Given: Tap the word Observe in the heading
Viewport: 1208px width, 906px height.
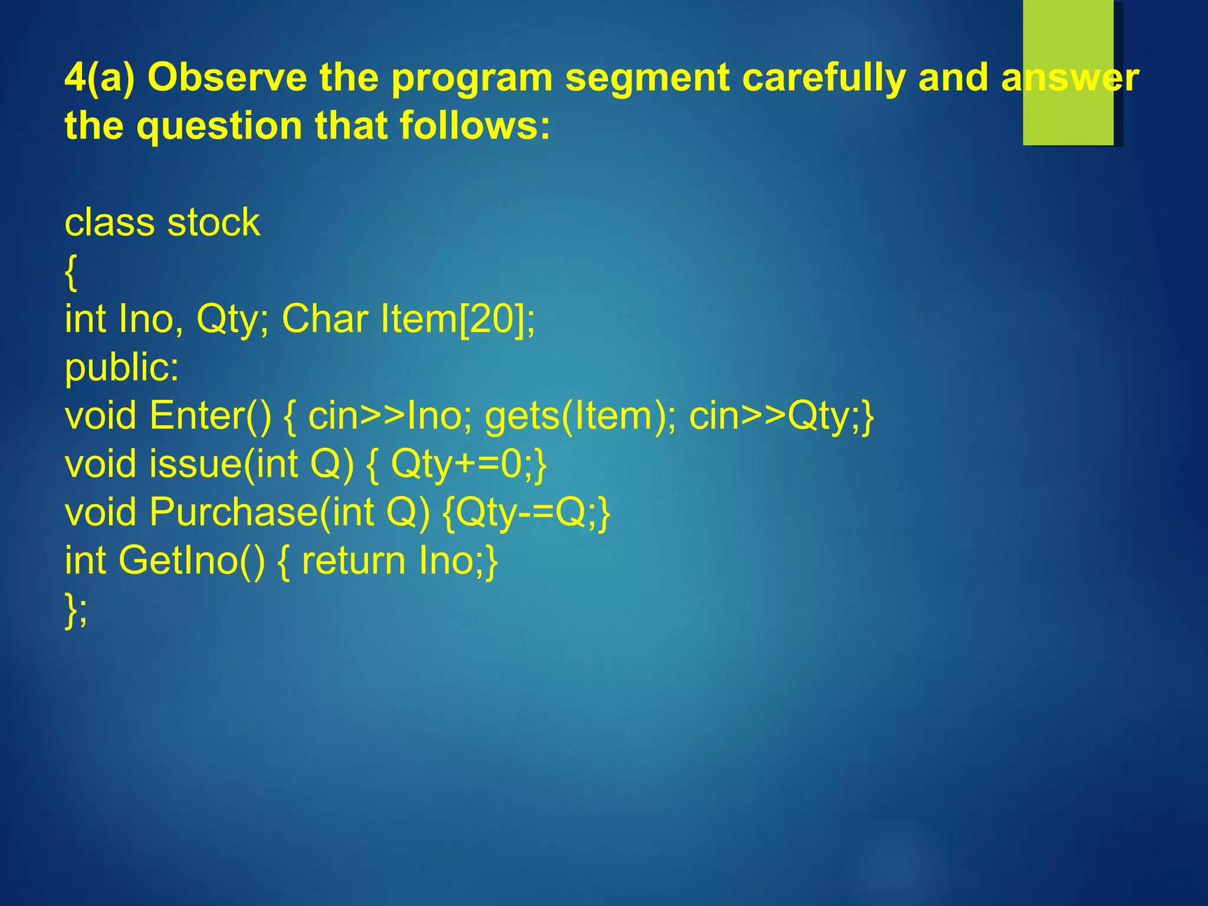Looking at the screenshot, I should click(x=227, y=77).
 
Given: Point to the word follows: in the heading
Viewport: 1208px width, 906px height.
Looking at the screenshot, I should click(x=475, y=126).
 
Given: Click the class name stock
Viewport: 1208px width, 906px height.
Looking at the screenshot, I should click(x=214, y=222).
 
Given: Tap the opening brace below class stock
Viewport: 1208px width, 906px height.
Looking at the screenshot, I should click(x=71, y=273).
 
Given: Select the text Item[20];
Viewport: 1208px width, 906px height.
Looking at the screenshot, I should click(x=458, y=319).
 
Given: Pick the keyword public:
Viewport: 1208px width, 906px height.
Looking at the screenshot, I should click(x=122, y=367).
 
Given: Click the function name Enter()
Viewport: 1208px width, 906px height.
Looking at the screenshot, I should click(x=211, y=416).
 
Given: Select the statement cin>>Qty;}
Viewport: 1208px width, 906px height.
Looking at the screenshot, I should click(x=781, y=416).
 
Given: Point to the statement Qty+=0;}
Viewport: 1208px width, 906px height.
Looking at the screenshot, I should click(x=469, y=464).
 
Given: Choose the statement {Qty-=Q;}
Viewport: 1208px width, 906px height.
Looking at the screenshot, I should click(x=526, y=512).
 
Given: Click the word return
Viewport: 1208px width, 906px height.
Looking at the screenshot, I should click(x=353, y=560).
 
